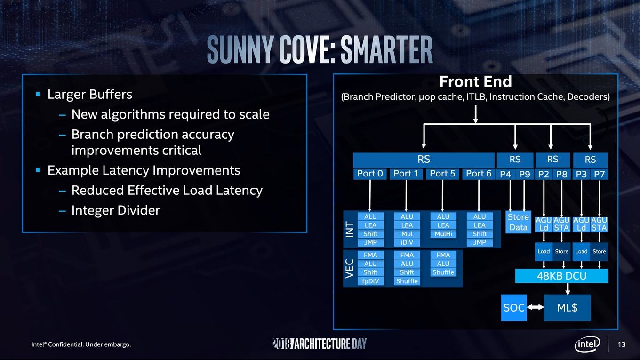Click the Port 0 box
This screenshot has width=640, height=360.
click(370, 174)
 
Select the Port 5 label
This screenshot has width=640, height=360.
click(442, 174)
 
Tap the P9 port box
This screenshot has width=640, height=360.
click(524, 174)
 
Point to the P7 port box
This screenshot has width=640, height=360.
click(599, 174)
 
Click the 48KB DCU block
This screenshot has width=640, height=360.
click(561, 276)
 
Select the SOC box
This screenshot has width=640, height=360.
click(514, 308)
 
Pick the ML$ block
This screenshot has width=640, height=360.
click(567, 308)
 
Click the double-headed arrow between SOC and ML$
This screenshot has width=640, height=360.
click(535, 307)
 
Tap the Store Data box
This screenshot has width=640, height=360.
click(518, 222)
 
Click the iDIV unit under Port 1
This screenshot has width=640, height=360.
click(407, 242)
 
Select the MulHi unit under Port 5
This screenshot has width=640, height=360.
click(443, 234)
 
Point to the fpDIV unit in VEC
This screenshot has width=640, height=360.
click(370, 281)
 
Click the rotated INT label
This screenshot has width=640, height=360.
click(350, 230)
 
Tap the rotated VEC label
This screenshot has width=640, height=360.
click(350, 269)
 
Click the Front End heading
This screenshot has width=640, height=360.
click(475, 82)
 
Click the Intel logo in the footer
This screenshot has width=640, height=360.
click(587, 344)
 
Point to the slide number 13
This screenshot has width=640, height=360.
click(622, 344)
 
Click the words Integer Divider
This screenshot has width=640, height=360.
click(116, 210)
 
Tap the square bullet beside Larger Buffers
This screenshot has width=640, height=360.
click(38, 94)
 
